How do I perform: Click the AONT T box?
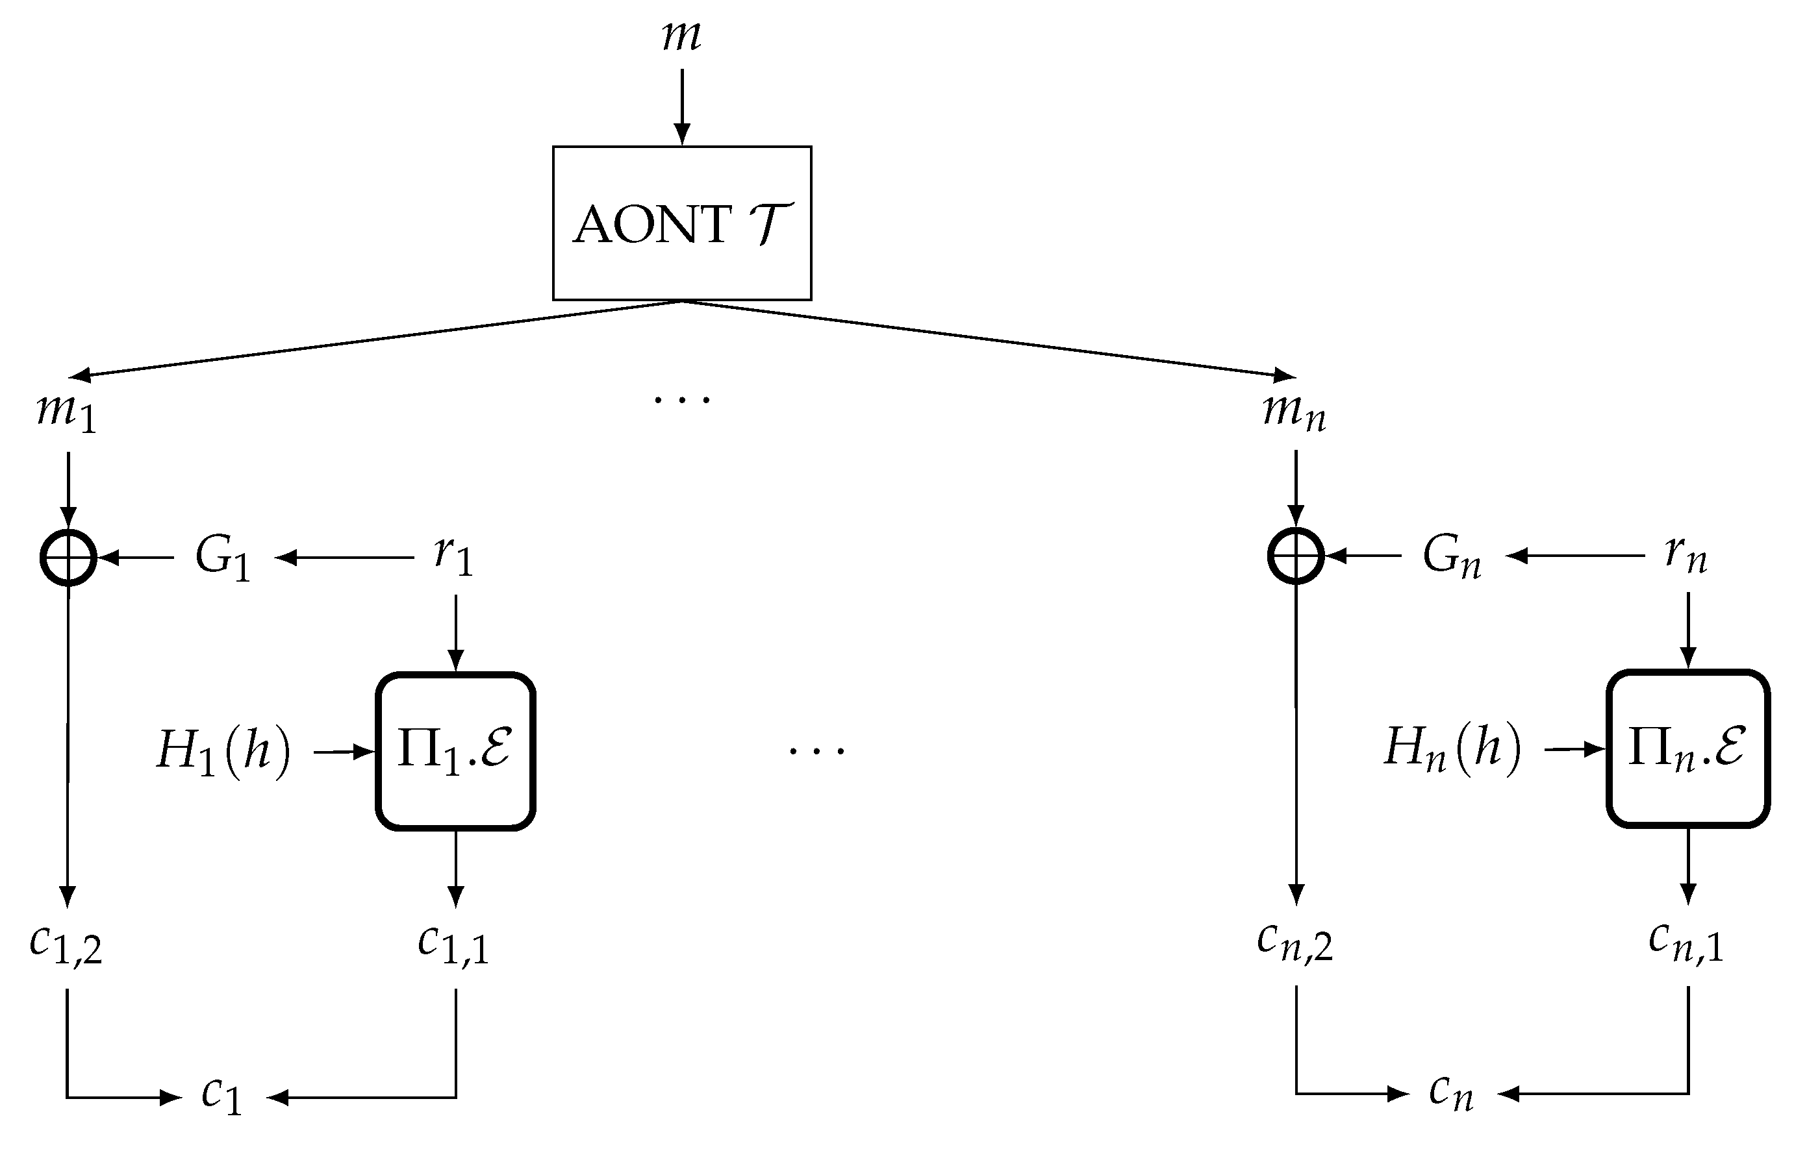click(x=681, y=223)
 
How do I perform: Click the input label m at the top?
click(x=681, y=36)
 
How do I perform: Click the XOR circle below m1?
click(x=68, y=558)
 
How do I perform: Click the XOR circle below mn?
click(x=1295, y=556)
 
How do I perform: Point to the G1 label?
click(x=221, y=558)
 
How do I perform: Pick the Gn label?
click(x=1450, y=556)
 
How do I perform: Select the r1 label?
click(x=453, y=556)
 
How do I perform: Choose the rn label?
click(x=1686, y=555)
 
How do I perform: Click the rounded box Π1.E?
click(x=455, y=750)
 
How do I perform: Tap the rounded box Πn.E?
click(x=1687, y=748)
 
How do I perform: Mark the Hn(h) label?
click(x=1453, y=748)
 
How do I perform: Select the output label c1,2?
click(x=66, y=944)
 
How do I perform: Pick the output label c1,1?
click(x=453, y=944)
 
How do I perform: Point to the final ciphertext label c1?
click(x=223, y=1097)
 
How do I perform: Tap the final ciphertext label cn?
click(x=1450, y=1093)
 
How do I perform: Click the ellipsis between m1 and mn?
click(x=681, y=400)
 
